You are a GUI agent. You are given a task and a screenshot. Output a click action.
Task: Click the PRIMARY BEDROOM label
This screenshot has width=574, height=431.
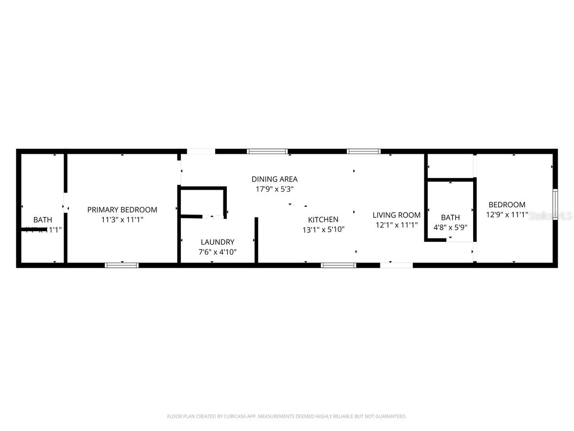pyautogui.click(x=122, y=210)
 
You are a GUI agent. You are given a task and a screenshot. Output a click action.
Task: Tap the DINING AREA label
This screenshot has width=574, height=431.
pyautogui.click(x=275, y=179)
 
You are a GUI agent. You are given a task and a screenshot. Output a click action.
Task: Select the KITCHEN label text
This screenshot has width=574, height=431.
pyautogui.click(x=323, y=219)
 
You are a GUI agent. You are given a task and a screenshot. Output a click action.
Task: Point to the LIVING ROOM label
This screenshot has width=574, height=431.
pyautogui.click(x=397, y=215)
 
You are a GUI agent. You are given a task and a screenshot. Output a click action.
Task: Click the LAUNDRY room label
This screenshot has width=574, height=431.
pyautogui.click(x=218, y=242)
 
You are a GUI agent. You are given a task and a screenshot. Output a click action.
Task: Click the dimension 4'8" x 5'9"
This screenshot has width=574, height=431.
pyautogui.click(x=450, y=227)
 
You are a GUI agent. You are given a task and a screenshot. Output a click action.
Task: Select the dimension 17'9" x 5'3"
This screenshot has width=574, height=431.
pyautogui.click(x=275, y=189)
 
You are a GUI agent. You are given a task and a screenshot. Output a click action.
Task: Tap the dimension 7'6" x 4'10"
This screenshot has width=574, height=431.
pyautogui.click(x=218, y=251)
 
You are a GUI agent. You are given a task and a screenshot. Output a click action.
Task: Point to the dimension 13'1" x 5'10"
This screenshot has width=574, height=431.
pyautogui.click(x=323, y=229)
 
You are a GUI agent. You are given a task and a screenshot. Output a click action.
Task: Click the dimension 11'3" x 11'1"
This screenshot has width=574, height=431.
pyautogui.click(x=122, y=220)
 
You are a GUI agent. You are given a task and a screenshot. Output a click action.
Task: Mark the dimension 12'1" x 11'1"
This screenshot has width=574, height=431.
pyautogui.click(x=397, y=225)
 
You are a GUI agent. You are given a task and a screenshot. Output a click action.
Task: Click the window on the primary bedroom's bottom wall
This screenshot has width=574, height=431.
pyautogui.click(x=121, y=265)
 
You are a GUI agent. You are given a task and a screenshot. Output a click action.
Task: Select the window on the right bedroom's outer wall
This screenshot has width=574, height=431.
pyautogui.click(x=555, y=204)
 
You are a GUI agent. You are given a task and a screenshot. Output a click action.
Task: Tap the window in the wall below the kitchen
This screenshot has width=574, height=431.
pyautogui.click(x=338, y=265)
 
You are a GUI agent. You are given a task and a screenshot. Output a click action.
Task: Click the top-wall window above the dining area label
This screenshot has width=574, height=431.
pyautogui.click(x=267, y=151)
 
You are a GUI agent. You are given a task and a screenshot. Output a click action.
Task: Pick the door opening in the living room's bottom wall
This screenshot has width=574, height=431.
pyautogui.click(x=397, y=265)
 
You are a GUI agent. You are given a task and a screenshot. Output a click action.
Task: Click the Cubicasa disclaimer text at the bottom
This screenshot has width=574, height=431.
pyautogui.click(x=287, y=417)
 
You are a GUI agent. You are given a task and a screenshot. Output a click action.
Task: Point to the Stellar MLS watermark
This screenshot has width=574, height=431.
pyautogui.click(x=551, y=216)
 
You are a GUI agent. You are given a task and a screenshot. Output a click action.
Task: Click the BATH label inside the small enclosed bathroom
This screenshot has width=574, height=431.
pyautogui.click(x=450, y=217)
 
